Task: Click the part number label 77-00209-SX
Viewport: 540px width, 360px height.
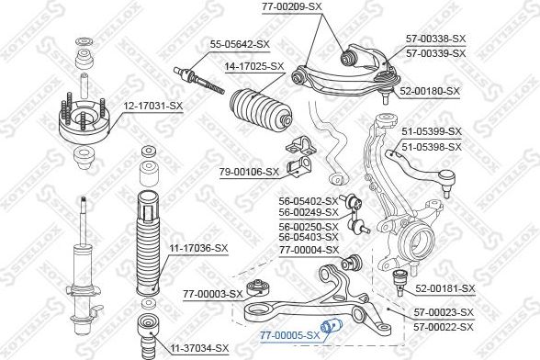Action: pos(291,7)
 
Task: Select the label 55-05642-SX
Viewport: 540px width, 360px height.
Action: pos(240,44)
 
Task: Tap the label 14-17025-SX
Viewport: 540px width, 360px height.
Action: pos(254,66)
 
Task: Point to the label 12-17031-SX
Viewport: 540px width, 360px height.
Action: pos(153,107)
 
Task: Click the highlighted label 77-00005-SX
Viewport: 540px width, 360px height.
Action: pos(290,335)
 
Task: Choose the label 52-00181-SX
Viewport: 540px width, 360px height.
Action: pos(444,288)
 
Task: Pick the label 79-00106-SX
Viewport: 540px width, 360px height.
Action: pos(250,171)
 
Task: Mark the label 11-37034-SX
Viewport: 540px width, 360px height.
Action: pos(200,348)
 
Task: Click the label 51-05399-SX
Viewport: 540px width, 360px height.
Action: pos(432,131)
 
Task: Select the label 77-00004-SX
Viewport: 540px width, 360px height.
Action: pos(309,250)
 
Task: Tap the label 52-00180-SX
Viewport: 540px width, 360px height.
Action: pos(430,91)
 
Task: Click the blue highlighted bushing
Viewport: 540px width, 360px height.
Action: pos(331,325)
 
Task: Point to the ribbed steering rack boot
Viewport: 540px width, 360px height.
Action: pos(261,110)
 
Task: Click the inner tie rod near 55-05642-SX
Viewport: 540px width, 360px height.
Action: pos(199,80)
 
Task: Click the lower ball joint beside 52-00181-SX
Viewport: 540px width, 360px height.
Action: pos(400,283)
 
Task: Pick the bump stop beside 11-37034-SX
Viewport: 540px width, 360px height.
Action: pos(148,335)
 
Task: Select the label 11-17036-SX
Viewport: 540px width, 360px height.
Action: pos(198,248)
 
